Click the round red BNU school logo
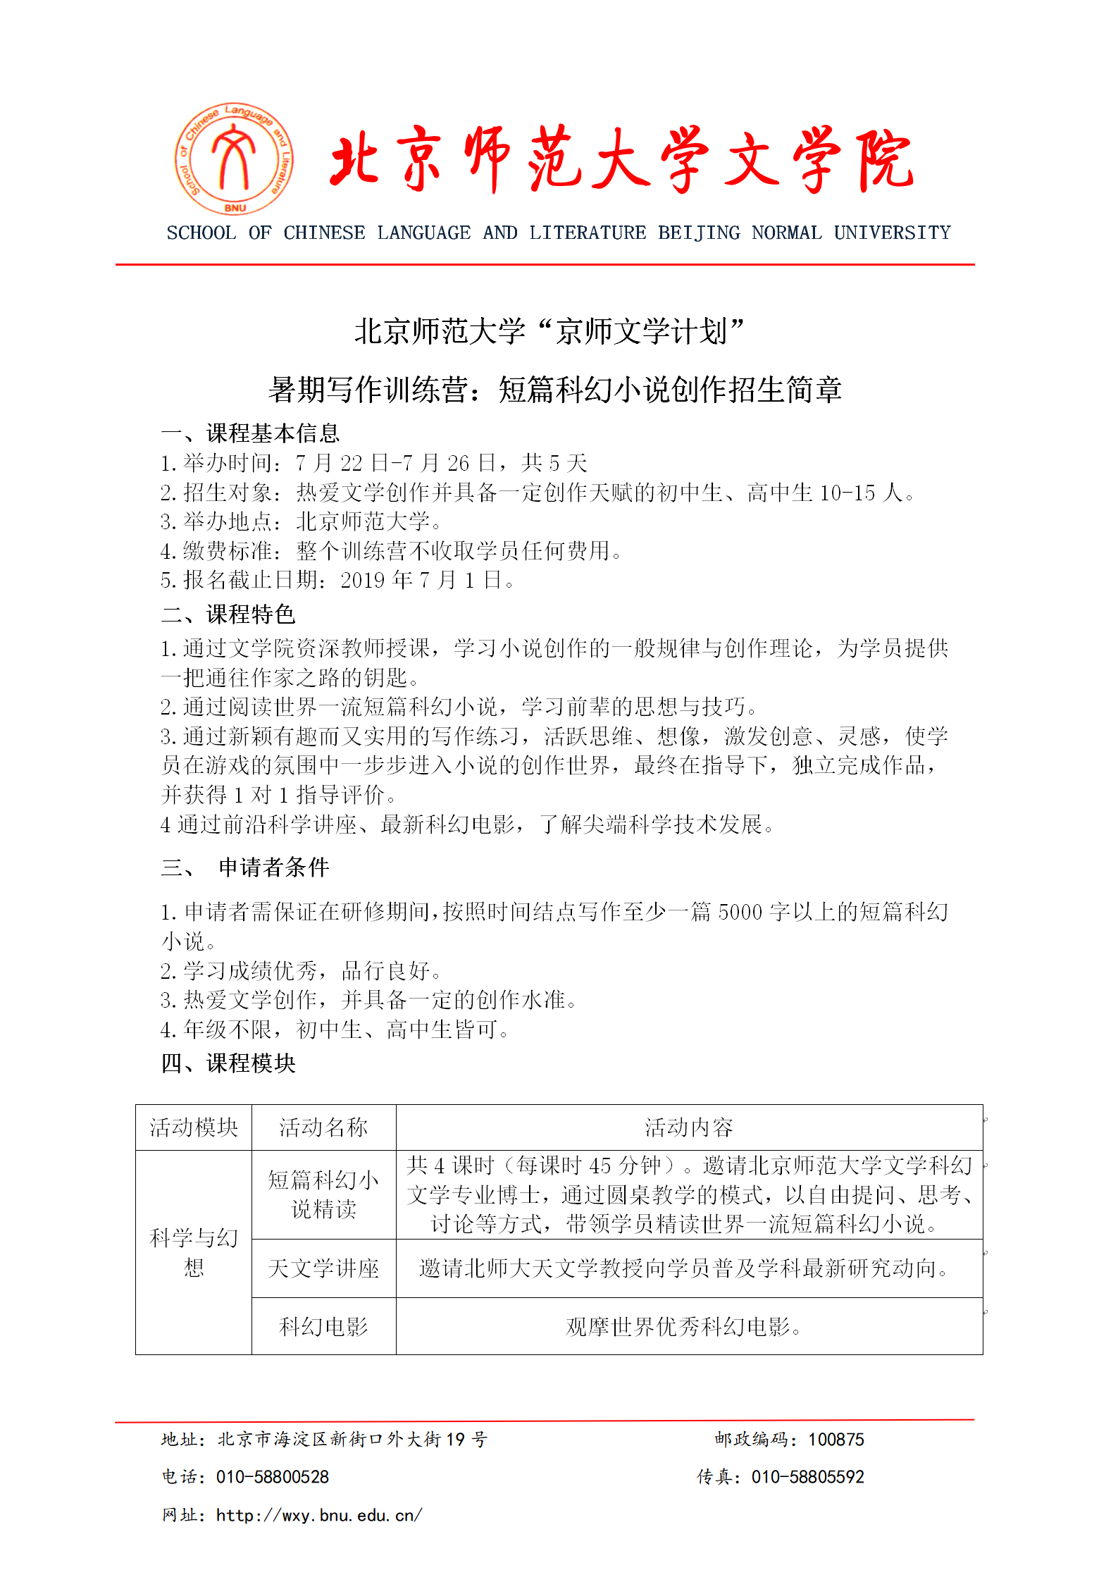pos(234,159)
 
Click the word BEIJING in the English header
pos(699,233)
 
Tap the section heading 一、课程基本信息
pos(250,433)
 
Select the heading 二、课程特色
pos(228,614)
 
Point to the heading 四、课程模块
pos(228,1063)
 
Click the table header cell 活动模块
pos(194,1127)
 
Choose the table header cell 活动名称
pos(323,1127)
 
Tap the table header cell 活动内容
pos(688,1127)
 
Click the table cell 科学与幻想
pos(194,1252)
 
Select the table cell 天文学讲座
pos(323,1268)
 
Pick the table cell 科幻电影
pos(323,1327)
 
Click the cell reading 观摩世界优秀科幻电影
pos(683,1327)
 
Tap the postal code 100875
pos(836,1440)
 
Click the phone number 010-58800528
pos(273,1477)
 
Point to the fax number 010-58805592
pos(807,1477)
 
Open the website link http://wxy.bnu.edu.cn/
pos(319,1515)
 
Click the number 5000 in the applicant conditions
pos(740,912)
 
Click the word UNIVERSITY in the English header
pos(892,233)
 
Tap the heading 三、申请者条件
pos(244,867)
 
